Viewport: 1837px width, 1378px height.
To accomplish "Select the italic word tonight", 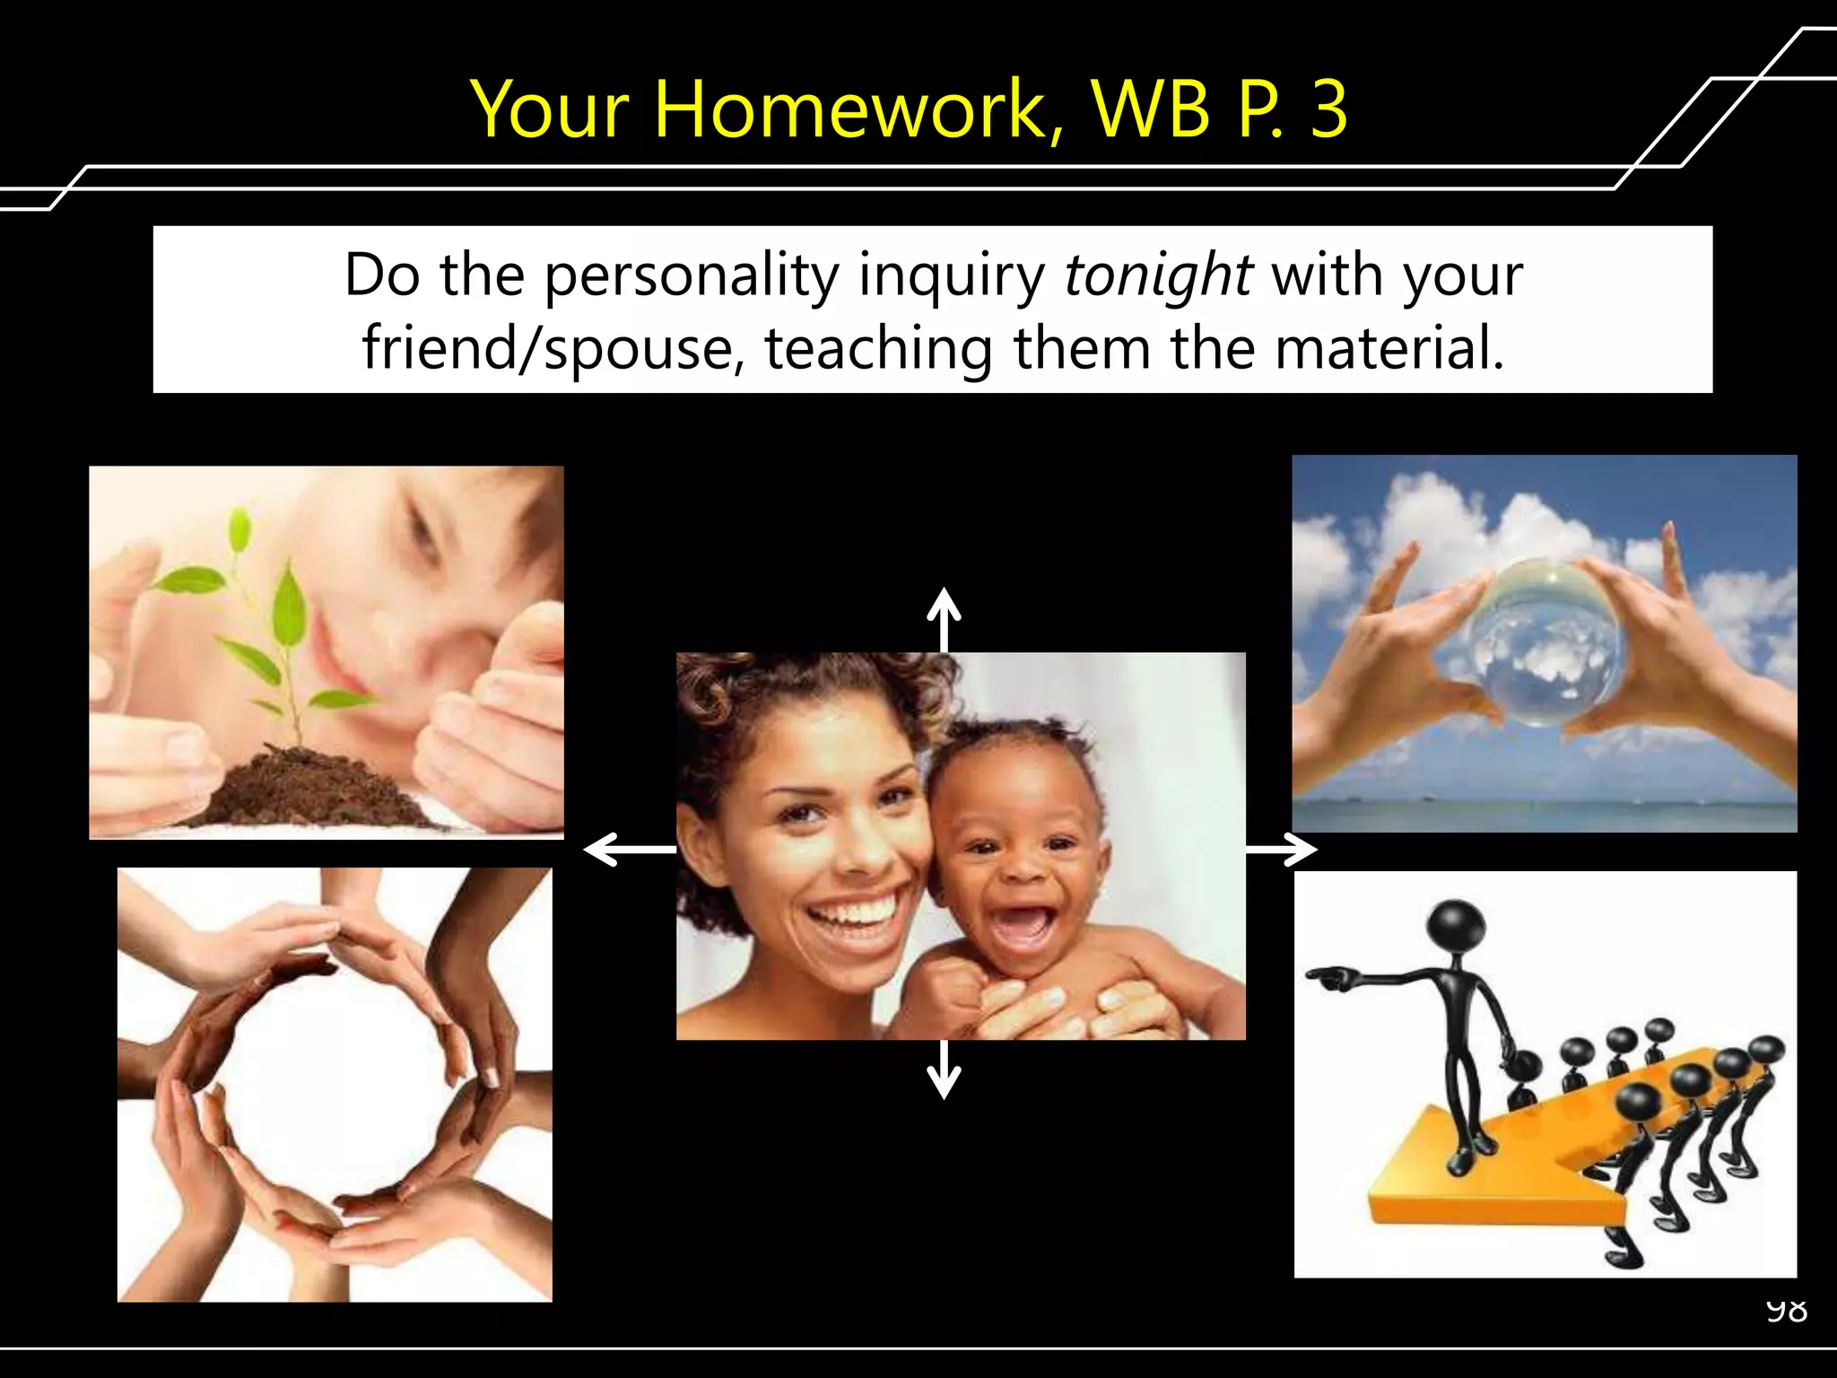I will [1157, 275].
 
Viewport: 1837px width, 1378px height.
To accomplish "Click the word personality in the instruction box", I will [692, 276].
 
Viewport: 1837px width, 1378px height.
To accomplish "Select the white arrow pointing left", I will [628, 849].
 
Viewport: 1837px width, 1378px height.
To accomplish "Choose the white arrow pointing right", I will [1283, 849].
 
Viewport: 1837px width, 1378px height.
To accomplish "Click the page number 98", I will [1786, 1311].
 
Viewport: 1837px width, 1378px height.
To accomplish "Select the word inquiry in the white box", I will [952, 276].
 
